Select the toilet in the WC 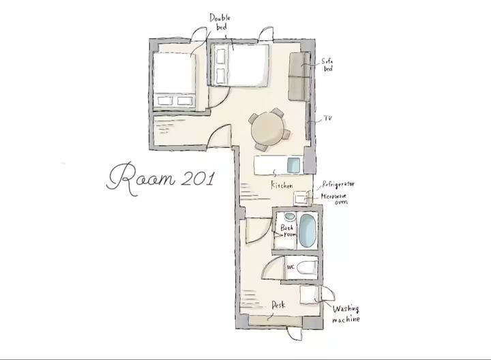point(306,268)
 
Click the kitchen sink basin point(293,165)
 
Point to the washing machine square point(309,295)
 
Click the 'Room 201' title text point(161,179)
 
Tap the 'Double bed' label point(220,22)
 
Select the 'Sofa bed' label point(327,65)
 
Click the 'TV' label point(327,119)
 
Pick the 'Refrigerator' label point(338,184)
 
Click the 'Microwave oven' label point(334,199)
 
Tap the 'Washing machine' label point(346,314)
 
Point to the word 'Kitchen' point(282,185)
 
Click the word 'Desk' point(278,305)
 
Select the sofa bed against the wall point(299,76)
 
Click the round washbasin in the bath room point(290,216)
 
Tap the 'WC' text point(291,267)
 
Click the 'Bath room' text point(288,230)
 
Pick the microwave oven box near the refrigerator point(301,198)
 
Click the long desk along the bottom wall point(276,321)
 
